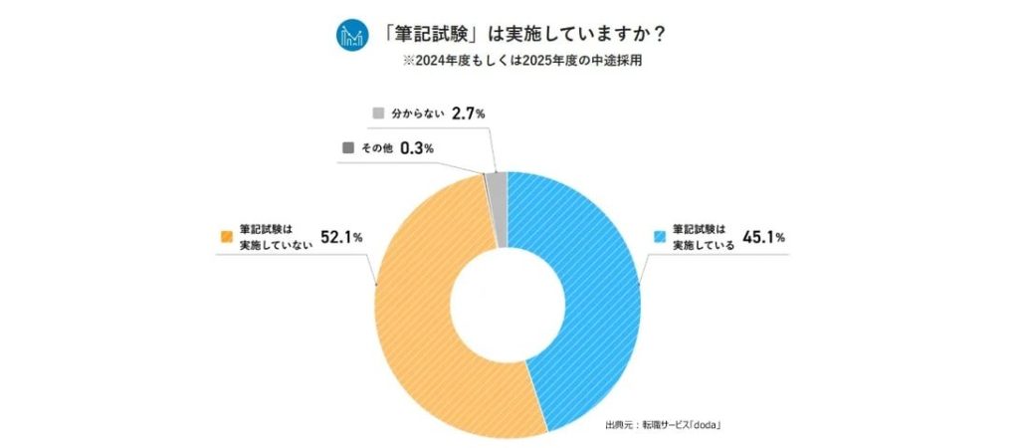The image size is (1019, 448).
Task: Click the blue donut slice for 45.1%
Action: (587, 299)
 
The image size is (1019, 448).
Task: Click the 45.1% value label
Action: (763, 237)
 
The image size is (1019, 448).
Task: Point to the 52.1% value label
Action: (341, 237)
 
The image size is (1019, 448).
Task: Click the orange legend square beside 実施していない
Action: (225, 237)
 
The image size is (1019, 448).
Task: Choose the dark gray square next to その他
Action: (348, 147)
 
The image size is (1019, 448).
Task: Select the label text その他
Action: (374, 148)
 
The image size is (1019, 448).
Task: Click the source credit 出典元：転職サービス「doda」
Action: (662, 425)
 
